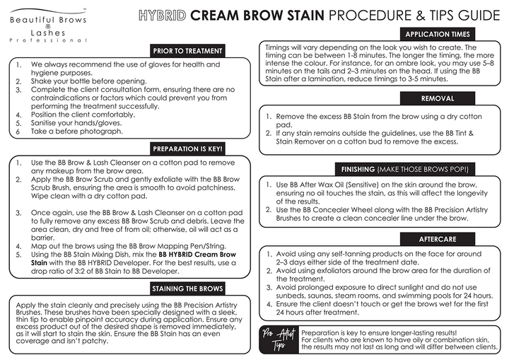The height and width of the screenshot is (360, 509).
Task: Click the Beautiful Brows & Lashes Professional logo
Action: (x=48, y=27)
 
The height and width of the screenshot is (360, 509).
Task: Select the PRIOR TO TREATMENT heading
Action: (x=188, y=50)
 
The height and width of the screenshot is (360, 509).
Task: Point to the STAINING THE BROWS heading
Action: (x=188, y=288)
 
